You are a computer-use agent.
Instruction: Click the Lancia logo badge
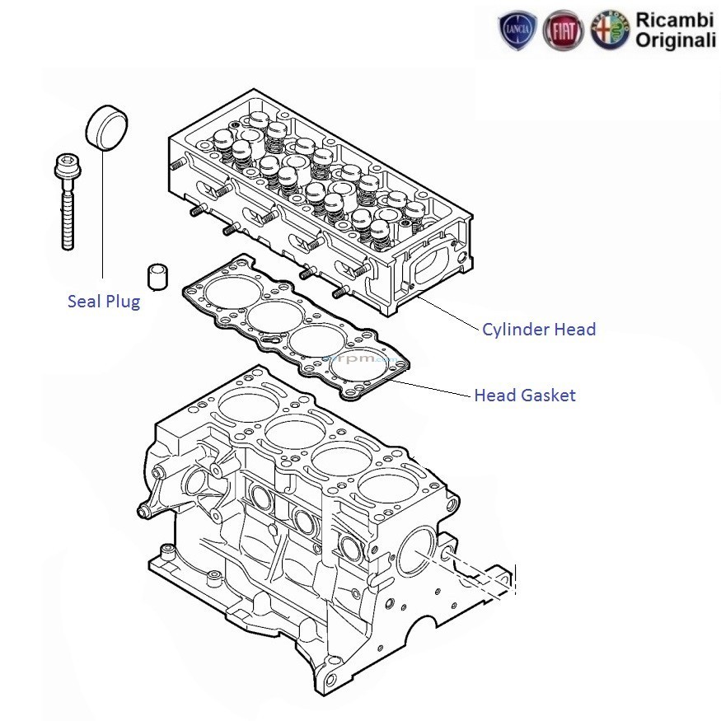[518, 31]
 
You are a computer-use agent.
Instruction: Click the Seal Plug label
[103, 302]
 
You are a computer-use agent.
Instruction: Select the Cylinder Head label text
[539, 330]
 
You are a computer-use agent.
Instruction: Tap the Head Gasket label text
[525, 396]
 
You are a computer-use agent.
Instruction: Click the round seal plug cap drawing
[107, 128]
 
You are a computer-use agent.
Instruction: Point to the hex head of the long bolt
[65, 166]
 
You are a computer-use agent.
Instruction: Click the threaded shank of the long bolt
[68, 218]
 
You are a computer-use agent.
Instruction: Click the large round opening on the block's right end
[417, 550]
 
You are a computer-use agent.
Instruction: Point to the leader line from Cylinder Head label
[449, 318]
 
